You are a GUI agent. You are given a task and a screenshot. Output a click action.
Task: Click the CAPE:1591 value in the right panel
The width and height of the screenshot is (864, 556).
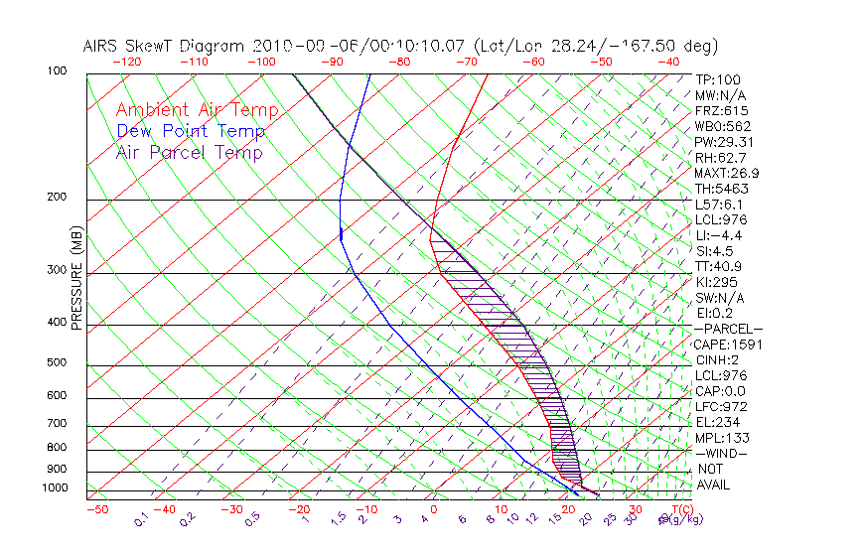tap(721, 345)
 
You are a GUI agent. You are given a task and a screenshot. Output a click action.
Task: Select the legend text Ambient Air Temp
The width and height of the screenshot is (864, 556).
tap(197, 110)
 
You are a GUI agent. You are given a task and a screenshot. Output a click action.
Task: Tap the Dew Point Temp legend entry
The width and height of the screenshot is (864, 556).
tap(191, 131)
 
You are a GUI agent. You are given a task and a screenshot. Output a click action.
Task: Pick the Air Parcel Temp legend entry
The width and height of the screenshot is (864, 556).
tap(189, 152)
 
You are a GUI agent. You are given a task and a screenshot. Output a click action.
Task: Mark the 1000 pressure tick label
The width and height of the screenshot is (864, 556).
tap(57, 488)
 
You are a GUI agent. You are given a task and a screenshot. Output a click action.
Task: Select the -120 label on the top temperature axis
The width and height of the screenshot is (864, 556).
tap(126, 61)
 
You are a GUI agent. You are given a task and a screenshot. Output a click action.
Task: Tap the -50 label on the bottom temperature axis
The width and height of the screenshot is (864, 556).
tap(96, 509)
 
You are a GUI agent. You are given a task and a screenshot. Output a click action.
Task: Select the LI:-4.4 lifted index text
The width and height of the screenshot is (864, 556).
tap(718, 235)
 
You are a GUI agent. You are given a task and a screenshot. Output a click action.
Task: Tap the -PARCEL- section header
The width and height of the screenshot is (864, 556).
tap(728, 329)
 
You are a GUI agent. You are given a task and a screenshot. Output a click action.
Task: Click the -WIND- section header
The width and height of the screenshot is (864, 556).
tap(721, 453)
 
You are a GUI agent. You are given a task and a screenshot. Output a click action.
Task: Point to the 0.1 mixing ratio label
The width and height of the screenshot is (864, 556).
tap(141, 518)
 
